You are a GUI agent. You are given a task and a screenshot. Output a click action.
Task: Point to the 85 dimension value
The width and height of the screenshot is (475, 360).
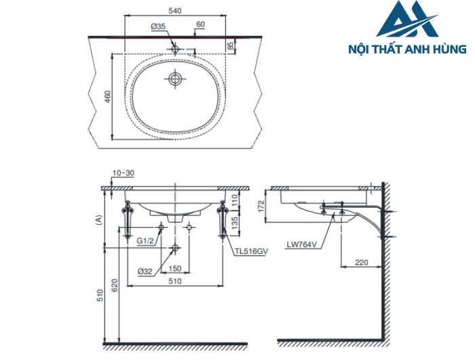pos(231,46)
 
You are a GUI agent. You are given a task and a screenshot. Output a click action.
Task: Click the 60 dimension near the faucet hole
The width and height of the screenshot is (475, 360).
pos(200,24)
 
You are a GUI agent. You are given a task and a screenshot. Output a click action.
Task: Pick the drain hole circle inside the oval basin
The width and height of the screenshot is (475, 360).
pos(175,79)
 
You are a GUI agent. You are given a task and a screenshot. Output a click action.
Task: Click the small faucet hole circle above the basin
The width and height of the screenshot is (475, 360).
pos(175,48)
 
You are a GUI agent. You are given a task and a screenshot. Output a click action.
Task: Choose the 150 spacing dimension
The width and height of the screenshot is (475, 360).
pos(174,269)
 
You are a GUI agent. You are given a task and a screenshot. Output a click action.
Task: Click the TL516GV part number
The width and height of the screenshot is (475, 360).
pos(251,251)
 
